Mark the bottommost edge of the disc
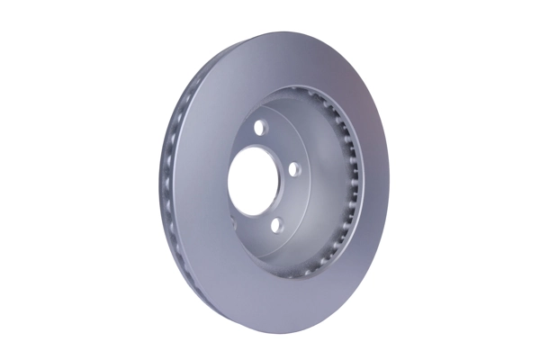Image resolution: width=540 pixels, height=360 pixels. coord(270,331)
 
